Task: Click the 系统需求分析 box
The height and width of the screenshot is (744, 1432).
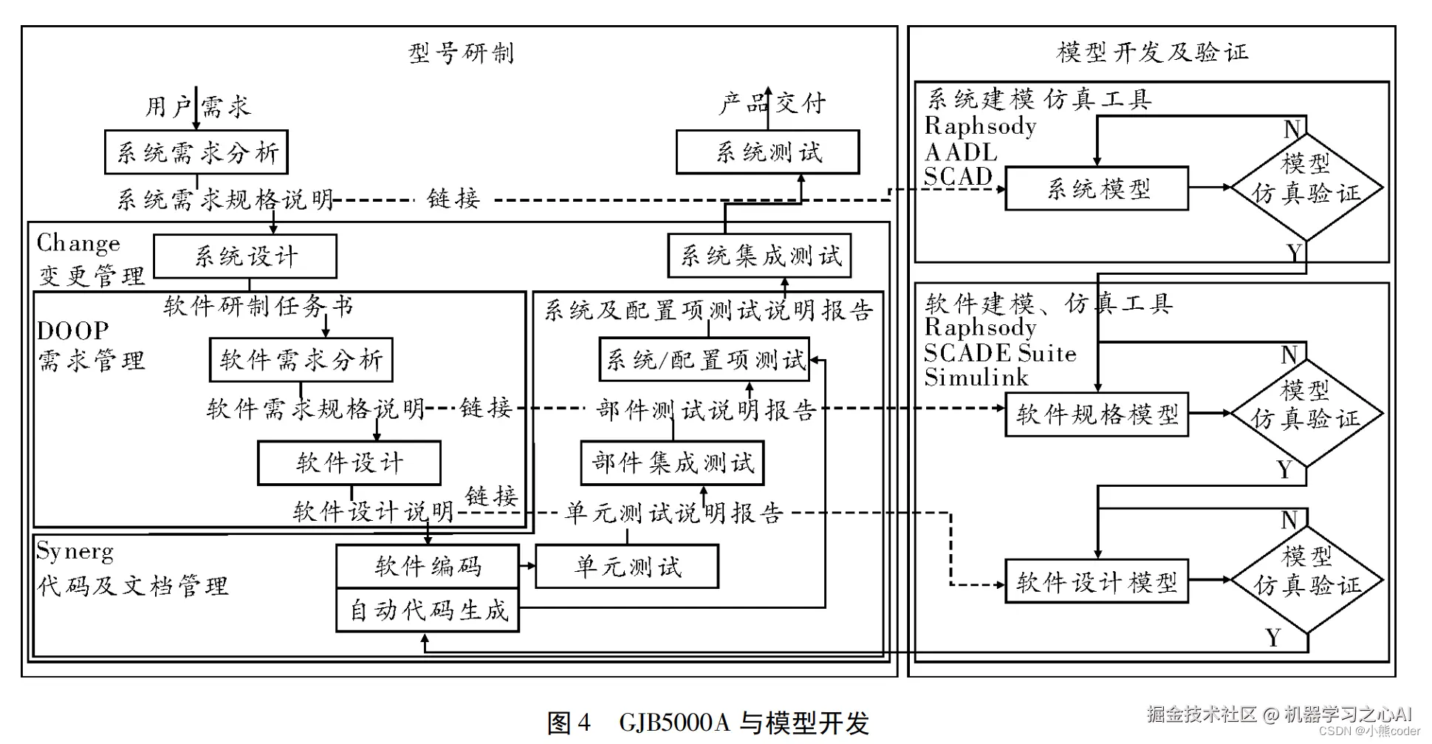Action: [x=196, y=152]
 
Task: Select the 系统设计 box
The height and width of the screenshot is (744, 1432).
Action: [x=245, y=256]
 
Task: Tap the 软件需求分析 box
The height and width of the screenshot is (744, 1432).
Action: [x=301, y=360]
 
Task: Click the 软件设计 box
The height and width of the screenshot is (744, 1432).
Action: [x=349, y=463]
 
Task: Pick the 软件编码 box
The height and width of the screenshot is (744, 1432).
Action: [x=427, y=566]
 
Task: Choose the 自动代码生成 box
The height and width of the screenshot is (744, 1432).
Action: [x=427, y=610]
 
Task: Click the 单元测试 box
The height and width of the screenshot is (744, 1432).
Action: [x=626, y=567]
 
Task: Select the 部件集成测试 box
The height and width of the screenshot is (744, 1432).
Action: [x=672, y=463]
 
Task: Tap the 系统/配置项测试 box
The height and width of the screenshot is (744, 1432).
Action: [x=704, y=360]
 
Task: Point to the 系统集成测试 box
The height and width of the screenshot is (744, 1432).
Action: [x=759, y=256]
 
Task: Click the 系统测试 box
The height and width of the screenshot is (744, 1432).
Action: [x=767, y=152]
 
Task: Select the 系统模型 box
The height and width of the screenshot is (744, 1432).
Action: [x=1097, y=188]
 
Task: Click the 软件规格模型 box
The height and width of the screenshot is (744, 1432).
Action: [x=1097, y=414]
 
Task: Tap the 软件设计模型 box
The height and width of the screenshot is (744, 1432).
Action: [x=1097, y=581]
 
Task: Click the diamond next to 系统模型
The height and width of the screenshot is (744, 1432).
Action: [x=1306, y=187]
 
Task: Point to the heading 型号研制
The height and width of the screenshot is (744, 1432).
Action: [x=461, y=53]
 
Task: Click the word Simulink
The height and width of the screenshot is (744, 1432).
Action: [x=976, y=378]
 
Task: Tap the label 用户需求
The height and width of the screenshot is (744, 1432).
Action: [x=197, y=106]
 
